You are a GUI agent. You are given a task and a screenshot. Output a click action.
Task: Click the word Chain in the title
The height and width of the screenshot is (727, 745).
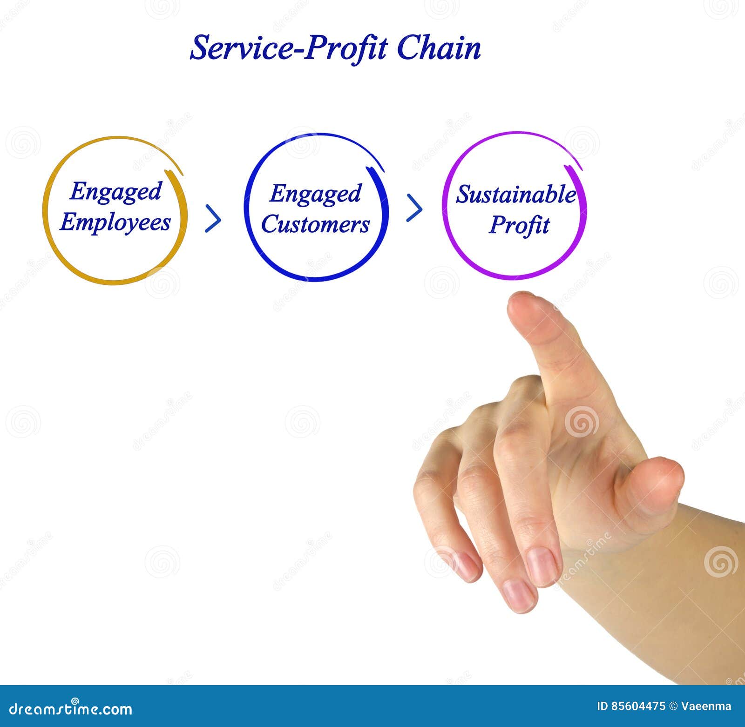(439, 48)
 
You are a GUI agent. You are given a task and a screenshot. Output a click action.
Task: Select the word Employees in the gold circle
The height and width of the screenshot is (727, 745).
(115, 222)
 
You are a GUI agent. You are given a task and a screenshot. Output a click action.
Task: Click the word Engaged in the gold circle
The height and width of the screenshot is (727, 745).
(115, 191)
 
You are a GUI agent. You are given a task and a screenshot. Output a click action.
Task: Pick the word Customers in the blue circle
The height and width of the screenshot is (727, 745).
(315, 224)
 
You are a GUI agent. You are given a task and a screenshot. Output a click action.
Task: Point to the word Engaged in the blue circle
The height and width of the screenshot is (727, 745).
(315, 194)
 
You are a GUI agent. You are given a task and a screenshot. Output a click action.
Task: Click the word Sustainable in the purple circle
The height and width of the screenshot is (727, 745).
(516, 194)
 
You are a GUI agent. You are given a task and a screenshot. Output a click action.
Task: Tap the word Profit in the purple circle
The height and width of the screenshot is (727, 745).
(519, 225)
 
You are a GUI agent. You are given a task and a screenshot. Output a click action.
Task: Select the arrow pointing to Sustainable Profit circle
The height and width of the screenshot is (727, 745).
(414, 208)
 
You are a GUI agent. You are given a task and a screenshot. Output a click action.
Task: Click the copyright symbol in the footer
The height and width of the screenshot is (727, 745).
(673, 706)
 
